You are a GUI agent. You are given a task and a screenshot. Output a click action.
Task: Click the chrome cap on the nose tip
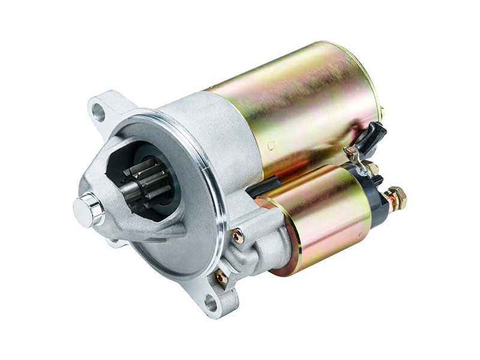pyautogui.click(x=88, y=209)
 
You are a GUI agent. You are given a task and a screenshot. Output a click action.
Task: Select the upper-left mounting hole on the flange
pyautogui.click(x=98, y=110)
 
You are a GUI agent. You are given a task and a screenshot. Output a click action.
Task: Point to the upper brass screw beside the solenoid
pyautogui.click(x=238, y=236)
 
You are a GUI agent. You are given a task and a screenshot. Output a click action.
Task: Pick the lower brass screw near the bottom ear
pyautogui.click(x=221, y=277)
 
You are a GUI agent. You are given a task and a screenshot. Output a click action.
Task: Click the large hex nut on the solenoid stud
pyautogui.click(x=396, y=197)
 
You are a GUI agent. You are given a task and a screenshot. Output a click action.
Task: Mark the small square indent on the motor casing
pyautogui.click(x=271, y=144)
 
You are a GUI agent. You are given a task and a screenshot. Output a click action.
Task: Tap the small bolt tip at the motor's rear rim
pyautogui.click(x=382, y=112)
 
